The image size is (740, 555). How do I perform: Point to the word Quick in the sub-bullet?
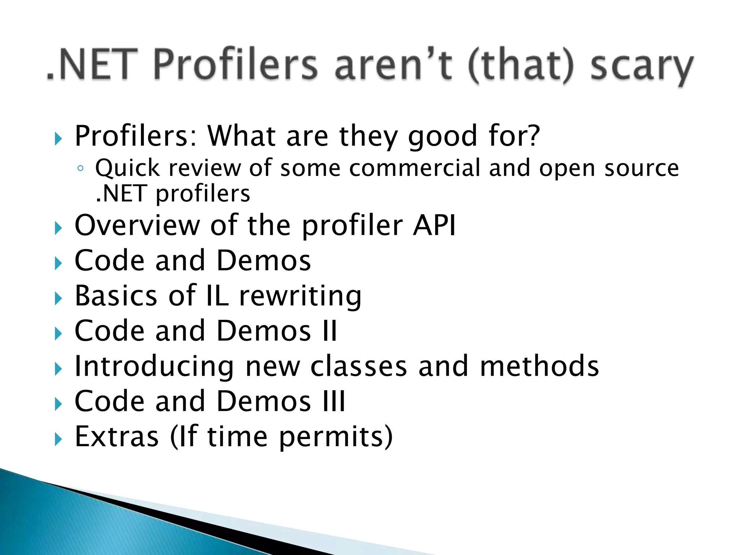[x=127, y=168]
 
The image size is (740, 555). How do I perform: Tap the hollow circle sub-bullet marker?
[x=81, y=168]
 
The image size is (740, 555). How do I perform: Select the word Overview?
[x=137, y=225]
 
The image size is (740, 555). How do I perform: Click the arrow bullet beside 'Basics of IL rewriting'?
[x=59, y=298]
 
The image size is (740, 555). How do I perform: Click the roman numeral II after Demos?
[x=329, y=331]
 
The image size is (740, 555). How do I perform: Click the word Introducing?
[x=154, y=366]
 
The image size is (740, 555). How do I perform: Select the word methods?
[x=539, y=366]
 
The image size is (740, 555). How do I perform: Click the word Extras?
[x=116, y=436]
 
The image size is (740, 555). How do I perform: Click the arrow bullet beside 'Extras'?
[x=59, y=439]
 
